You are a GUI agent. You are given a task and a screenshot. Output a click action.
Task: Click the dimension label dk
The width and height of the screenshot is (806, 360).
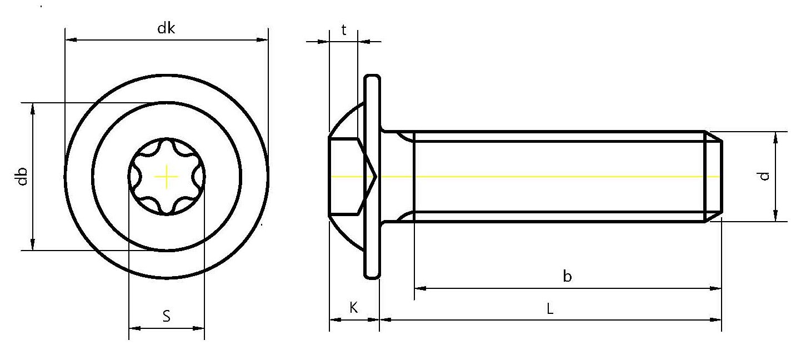click(x=166, y=28)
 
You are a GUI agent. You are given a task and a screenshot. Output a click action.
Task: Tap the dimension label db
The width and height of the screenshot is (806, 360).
click(x=22, y=177)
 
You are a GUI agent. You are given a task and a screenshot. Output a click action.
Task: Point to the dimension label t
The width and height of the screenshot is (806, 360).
click(x=344, y=30)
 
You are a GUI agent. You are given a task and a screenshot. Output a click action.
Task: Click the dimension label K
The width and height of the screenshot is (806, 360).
click(x=354, y=308)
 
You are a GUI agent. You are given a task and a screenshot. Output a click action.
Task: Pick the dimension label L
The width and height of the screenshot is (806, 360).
click(x=549, y=308)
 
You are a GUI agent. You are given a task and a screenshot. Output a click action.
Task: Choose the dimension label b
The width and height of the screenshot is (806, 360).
click(x=567, y=276)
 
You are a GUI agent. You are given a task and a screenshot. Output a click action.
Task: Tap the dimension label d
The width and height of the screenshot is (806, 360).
click(x=764, y=176)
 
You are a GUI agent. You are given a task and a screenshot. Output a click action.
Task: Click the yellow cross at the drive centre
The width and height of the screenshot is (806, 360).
click(x=166, y=177)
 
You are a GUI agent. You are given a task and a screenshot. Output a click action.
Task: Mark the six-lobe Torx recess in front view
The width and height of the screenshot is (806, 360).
click(x=167, y=177)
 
